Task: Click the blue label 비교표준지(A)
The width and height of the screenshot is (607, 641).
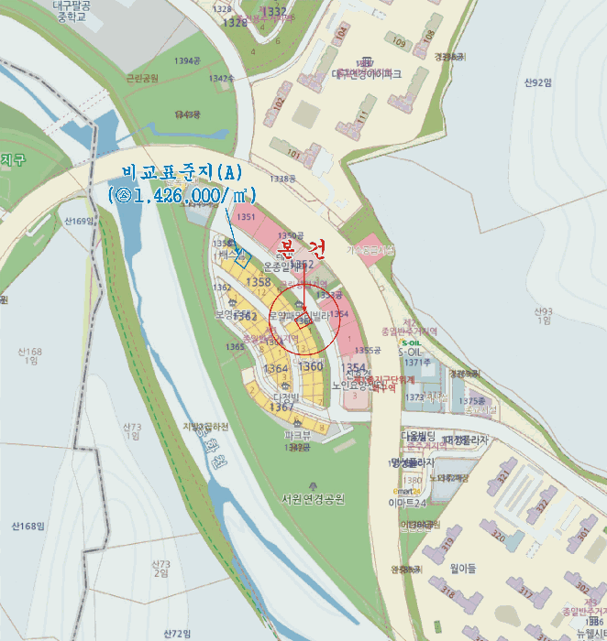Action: tap(189, 173)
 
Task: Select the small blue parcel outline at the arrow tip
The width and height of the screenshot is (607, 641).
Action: tap(240, 257)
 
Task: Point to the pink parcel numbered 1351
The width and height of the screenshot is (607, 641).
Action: tap(245, 217)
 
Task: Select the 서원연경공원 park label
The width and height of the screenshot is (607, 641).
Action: tap(313, 499)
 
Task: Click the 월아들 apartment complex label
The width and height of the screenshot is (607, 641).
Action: tap(463, 568)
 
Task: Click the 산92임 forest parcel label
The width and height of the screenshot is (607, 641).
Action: tap(538, 82)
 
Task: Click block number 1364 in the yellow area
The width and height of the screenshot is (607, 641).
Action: tap(275, 368)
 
